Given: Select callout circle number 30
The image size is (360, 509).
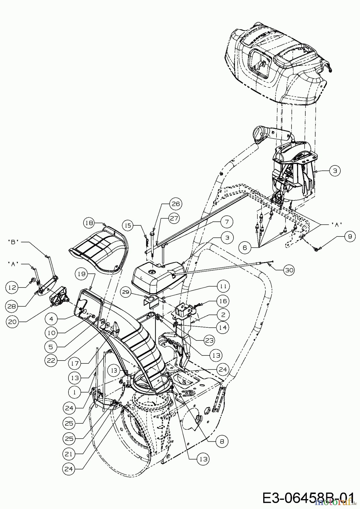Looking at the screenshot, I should pos(289,270).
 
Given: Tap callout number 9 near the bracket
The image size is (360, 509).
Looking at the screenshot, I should pos(350,236).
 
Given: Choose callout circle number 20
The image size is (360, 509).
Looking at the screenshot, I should pos(12,321).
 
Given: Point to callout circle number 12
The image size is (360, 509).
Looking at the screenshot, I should pos(12,288).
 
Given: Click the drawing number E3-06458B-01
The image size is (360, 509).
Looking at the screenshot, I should pos(308,497).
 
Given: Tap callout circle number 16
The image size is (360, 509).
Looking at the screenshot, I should pos(223,301).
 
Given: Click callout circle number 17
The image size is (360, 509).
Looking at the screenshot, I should pos(75,363).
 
